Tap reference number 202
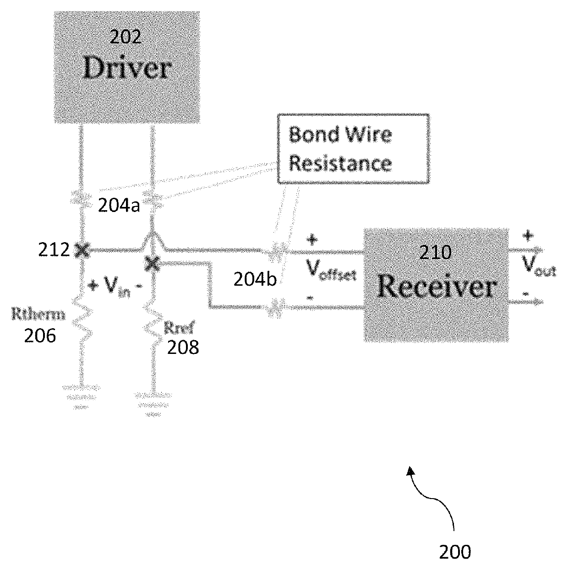coord(125,37)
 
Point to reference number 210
coord(436,252)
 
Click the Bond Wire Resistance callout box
coord(354,149)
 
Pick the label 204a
coord(119,205)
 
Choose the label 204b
coord(255,279)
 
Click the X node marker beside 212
coord(82,250)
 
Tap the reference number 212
coord(54,250)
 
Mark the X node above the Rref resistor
coord(153,264)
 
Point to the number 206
coord(40,336)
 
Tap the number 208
coord(183,347)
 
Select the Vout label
coord(539,266)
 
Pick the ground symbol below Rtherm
coord(81,396)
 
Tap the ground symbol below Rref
coord(153,404)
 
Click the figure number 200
coord(455,552)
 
